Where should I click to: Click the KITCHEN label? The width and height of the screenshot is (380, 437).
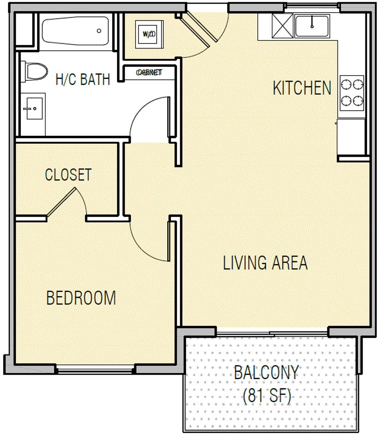[x=302, y=88]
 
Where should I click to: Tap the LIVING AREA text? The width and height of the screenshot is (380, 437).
[x=265, y=263]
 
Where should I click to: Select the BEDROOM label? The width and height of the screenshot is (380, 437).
[x=81, y=298]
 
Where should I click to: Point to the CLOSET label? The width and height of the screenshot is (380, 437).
[x=68, y=175]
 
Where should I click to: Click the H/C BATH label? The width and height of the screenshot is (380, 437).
[x=83, y=79]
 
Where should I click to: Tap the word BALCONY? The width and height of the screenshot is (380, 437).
[x=266, y=372]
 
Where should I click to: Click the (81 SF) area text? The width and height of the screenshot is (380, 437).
[x=267, y=397]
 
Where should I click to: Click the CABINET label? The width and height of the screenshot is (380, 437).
[x=149, y=72]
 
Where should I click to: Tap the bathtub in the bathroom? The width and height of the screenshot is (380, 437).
[x=76, y=31]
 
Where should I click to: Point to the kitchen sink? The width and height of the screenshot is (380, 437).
[x=312, y=26]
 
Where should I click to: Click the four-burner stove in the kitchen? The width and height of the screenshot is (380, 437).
[x=352, y=93]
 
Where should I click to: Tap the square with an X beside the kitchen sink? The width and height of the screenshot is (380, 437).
[x=281, y=26]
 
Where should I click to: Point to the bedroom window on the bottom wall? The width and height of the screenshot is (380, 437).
[x=95, y=369]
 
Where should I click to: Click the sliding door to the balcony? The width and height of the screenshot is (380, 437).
[x=271, y=333]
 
